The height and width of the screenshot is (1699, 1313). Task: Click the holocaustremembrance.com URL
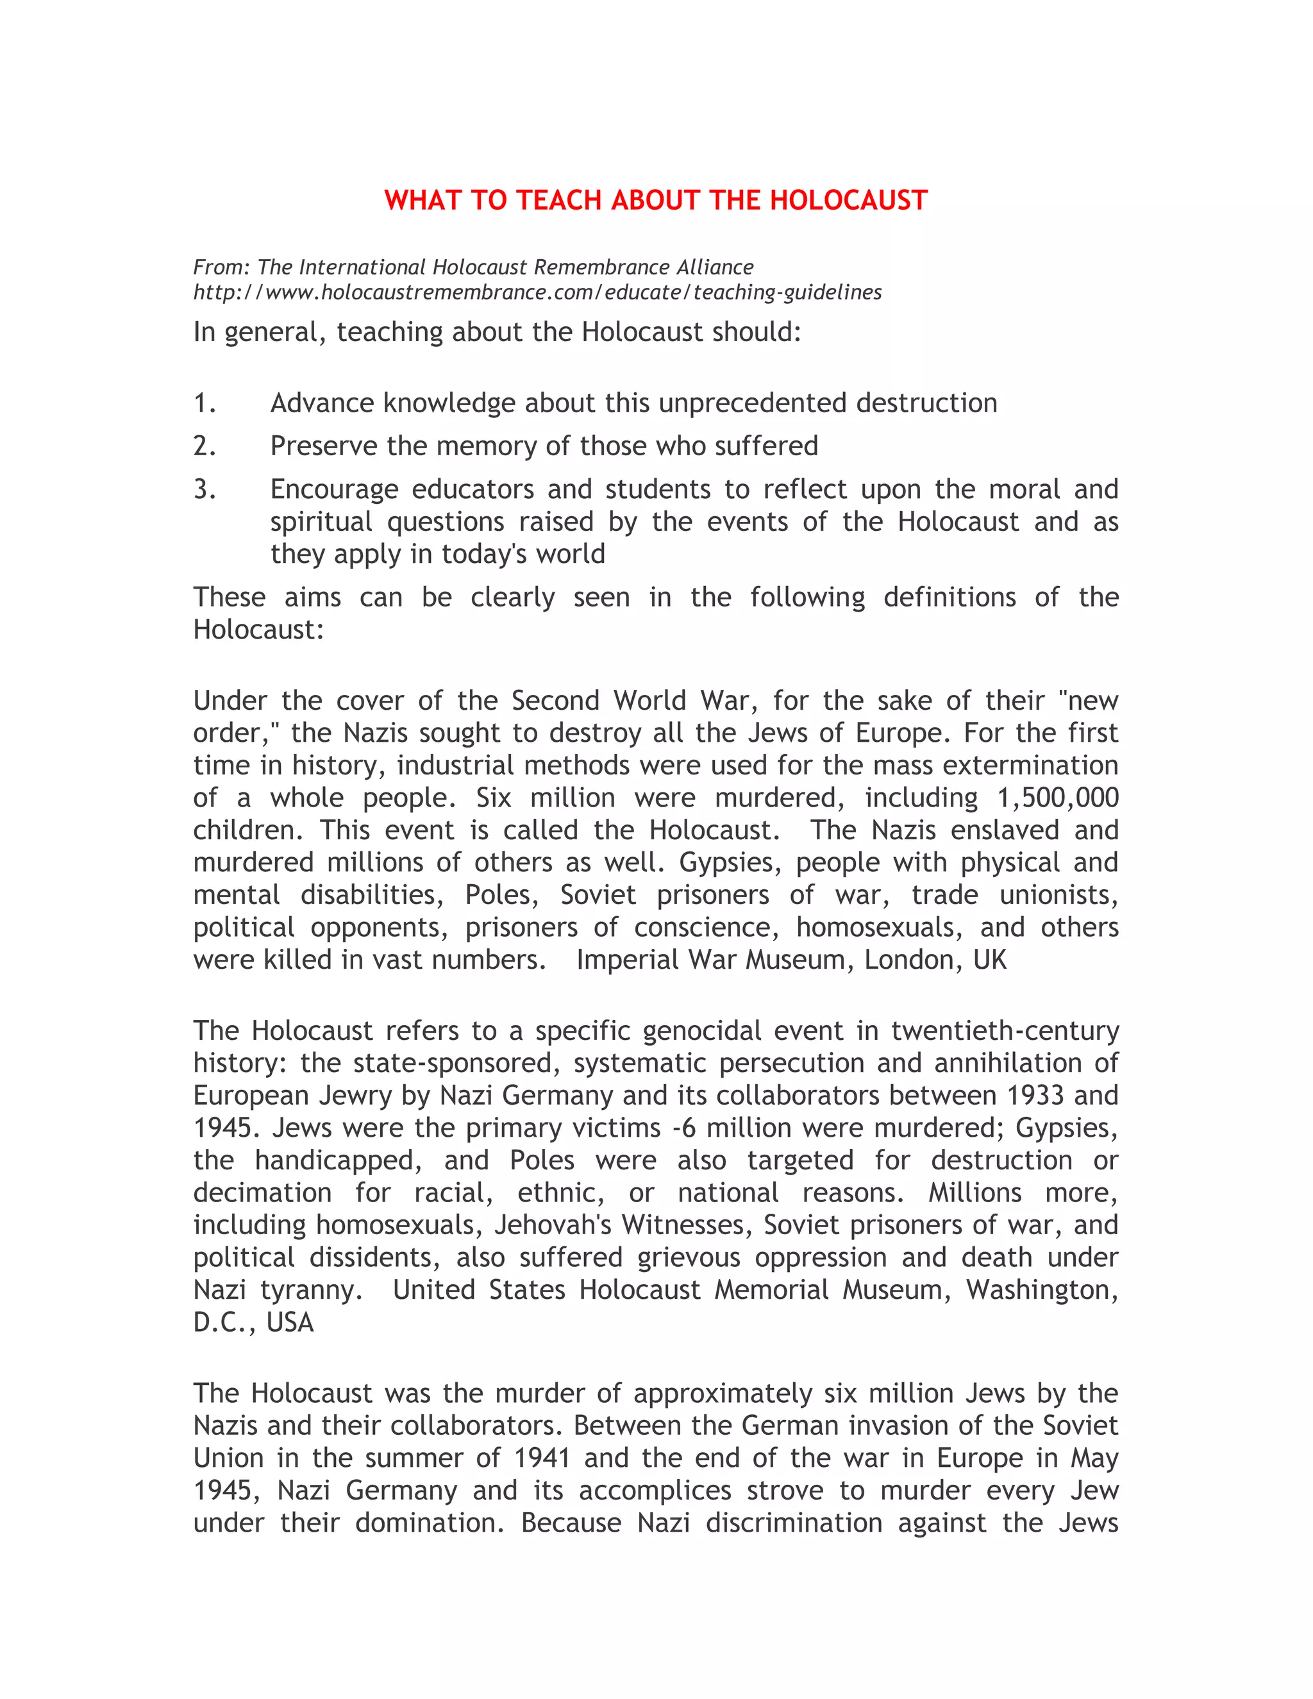537,292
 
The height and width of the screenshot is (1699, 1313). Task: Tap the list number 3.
205,489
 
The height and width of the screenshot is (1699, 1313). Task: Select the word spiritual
321,521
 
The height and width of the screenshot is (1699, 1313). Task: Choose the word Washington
1042,1290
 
